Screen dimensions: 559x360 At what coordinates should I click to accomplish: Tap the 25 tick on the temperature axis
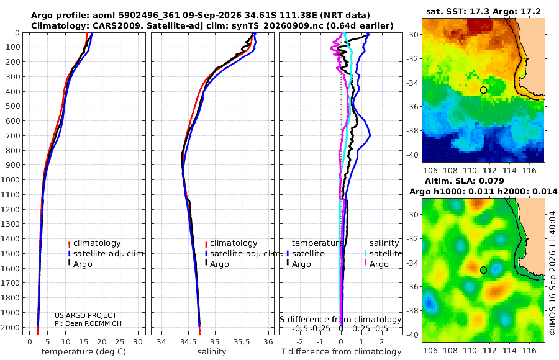[120, 341]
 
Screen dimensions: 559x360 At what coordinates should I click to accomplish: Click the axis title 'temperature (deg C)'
[84, 352]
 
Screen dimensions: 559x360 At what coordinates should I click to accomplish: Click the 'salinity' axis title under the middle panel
[212, 352]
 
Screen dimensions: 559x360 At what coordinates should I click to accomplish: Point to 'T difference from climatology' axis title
[341, 352]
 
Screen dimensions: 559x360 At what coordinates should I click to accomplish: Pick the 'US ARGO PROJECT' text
[86, 315]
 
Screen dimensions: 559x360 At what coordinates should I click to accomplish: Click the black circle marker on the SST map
[483, 90]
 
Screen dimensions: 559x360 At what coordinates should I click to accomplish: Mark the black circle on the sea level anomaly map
[483, 270]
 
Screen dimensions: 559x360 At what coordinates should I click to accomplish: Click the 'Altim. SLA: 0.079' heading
[465, 181]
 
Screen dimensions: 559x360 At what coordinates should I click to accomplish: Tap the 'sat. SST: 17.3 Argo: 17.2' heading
[483, 12]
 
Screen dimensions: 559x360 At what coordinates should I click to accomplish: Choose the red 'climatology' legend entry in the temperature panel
[94, 243]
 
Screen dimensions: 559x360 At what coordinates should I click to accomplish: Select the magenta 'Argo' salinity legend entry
[376, 264]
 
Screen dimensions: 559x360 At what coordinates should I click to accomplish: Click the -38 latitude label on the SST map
[413, 131]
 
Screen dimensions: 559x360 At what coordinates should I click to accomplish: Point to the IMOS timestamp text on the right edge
[553, 272]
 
